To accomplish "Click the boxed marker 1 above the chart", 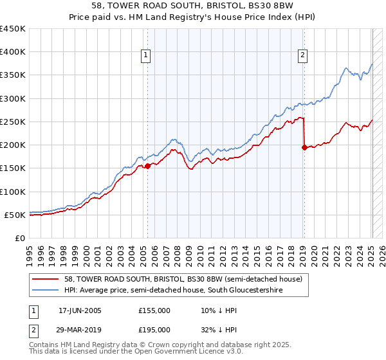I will [x=147, y=56].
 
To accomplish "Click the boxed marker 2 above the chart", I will [x=302, y=56].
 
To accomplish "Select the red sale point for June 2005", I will [x=147, y=166].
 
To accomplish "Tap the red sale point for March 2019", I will [x=304, y=147].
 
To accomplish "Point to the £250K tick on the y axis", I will [x=13, y=122].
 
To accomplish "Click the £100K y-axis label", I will [x=13, y=192].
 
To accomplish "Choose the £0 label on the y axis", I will [x=19, y=238].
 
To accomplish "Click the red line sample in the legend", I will [x=46, y=278].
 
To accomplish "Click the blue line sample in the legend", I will [x=46, y=291].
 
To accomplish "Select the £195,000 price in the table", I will [x=154, y=329].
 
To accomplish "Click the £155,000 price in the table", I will [x=154, y=310].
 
